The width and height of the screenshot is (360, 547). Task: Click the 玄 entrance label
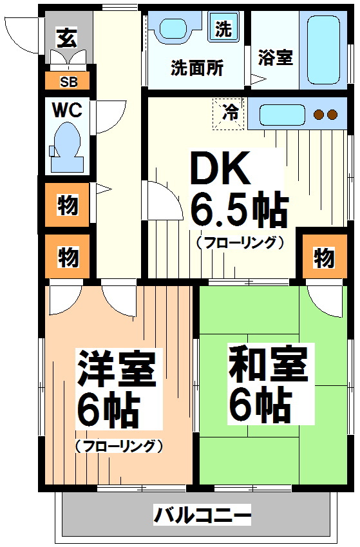65,37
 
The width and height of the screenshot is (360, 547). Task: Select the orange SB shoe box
67,81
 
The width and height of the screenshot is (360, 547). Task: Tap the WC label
67,110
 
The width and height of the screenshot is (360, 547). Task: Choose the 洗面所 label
196,68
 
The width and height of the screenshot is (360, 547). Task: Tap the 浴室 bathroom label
276,57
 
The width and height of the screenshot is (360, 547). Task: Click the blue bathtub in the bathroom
323,50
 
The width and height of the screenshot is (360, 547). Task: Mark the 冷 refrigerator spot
230,112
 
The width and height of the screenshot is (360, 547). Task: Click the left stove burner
319,115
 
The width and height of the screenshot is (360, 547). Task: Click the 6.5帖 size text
238,209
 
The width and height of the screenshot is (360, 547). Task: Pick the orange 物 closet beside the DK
324,258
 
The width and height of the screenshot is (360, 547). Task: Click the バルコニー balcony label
202,515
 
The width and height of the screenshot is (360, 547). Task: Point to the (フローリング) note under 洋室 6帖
118,446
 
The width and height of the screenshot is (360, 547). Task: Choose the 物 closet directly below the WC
68,206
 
